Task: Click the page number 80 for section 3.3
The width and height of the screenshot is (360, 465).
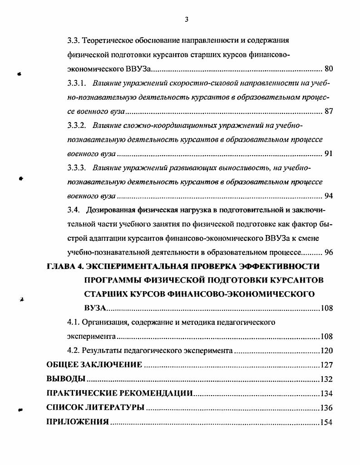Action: (x=329, y=69)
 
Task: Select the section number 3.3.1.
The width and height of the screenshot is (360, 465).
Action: (x=77, y=83)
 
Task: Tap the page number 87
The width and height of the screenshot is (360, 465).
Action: (x=329, y=112)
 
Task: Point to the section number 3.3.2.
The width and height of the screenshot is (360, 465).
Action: (x=77, y=125)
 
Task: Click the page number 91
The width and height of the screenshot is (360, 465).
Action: (x=329, y=154)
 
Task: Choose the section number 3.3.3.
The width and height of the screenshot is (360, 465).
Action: (x=77, y=168)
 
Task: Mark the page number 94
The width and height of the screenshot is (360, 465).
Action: (x=329, y=196)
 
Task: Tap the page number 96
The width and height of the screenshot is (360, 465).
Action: (x=329, y=252)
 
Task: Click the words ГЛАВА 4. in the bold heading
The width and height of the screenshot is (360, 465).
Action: (x=63, y=266)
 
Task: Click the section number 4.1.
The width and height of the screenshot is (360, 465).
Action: (x=74, y=323)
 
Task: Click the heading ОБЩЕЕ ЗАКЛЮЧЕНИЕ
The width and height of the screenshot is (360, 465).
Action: (x=94, y=365)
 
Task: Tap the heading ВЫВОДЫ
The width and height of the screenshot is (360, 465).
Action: (x=66, y=379)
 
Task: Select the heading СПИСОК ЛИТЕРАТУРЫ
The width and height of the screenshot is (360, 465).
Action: (x=95, y=407)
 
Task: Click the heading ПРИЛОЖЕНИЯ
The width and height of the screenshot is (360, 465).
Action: (x=78, y=422)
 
